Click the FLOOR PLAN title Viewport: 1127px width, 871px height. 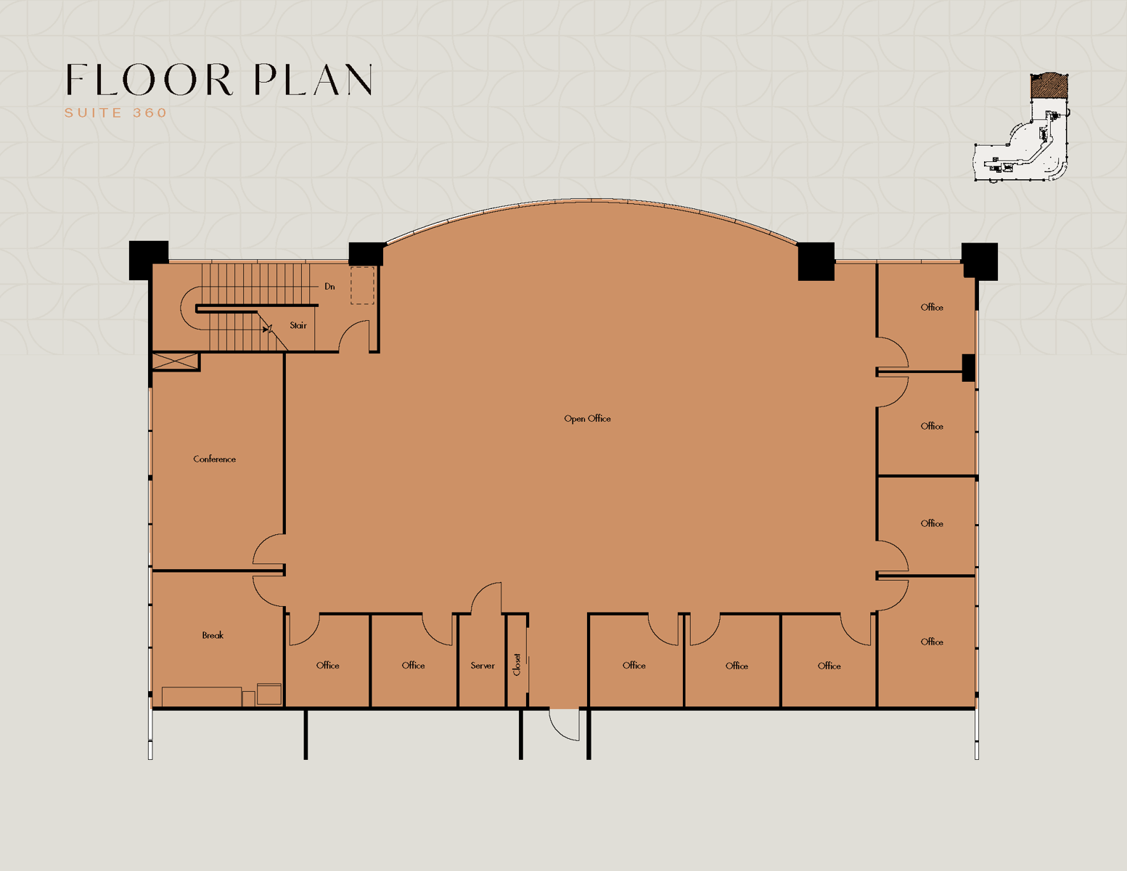pos(219,79)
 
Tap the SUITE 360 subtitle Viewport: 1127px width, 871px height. pos(115,113)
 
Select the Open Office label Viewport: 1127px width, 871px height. pos(587,419)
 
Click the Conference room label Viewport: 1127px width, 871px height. pos(214,459)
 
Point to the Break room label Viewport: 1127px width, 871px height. pos(213,635)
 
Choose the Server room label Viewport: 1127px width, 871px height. pos(483,666)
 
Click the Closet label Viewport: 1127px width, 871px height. pos(517,665)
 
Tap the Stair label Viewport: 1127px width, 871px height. pos(298,325)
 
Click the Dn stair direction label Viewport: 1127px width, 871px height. pos(329,287)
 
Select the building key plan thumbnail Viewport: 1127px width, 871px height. pos(1021,127)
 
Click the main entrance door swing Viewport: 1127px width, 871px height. pos(565,724)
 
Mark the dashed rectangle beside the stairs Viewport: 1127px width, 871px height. pos(362,285)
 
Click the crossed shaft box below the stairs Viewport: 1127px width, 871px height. pos(176,361)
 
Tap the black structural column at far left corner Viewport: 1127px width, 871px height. pos(148,260)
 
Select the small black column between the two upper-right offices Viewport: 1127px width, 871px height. pos(968,368)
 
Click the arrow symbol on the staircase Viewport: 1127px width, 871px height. pos(267,329)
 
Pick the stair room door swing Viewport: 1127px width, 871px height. pos(353,335)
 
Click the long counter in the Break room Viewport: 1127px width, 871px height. pos(202,697)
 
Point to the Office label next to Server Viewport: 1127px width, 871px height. pos(413,666)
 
